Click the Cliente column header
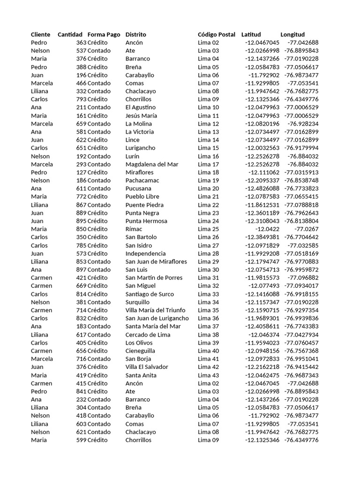pos(40,34)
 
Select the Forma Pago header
pos(104,34)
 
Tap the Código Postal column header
pos(217,34)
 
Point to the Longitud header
pos(292,34)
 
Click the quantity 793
pos(81,99)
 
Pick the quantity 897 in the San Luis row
pos(81,270)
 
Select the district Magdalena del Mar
pos(152,164)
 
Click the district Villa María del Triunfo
pos(155,310)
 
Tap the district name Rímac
pos(134,229)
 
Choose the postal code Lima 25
pos(208,229)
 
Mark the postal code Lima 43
pos(208,375)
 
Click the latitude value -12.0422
pos(267,229)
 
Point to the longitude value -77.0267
pos(306,229)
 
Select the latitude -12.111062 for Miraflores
pos(264,172)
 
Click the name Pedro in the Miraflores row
pos(39,172)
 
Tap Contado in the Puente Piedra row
pos(99,205)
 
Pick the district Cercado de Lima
pos(148,335)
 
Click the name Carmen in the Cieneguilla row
pos(42,351)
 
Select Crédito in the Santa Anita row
pos(97,375)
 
